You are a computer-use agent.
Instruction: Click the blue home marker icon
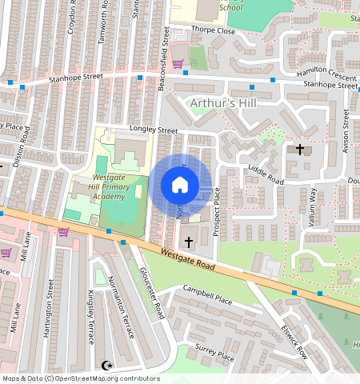coord(180,185)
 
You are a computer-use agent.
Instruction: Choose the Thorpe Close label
coord(214,31)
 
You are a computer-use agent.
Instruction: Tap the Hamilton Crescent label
coord(327,71)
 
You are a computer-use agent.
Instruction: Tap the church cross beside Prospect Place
coord(190,241)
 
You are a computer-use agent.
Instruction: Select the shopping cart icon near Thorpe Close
coord(177,63)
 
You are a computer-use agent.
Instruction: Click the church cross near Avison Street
coord(300,150)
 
